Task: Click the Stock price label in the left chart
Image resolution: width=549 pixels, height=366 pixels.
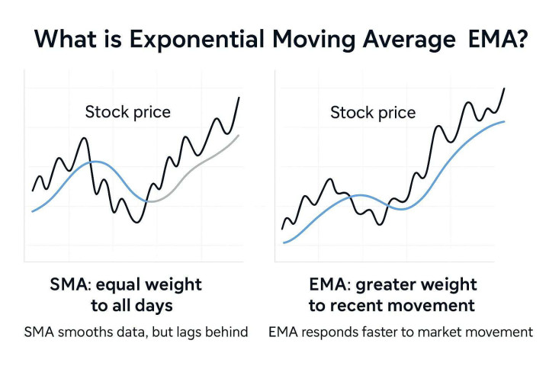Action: click(128, 112)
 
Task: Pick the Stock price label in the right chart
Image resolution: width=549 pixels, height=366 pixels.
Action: click(373, 113)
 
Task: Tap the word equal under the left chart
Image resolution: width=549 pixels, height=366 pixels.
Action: click(124, 285)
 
